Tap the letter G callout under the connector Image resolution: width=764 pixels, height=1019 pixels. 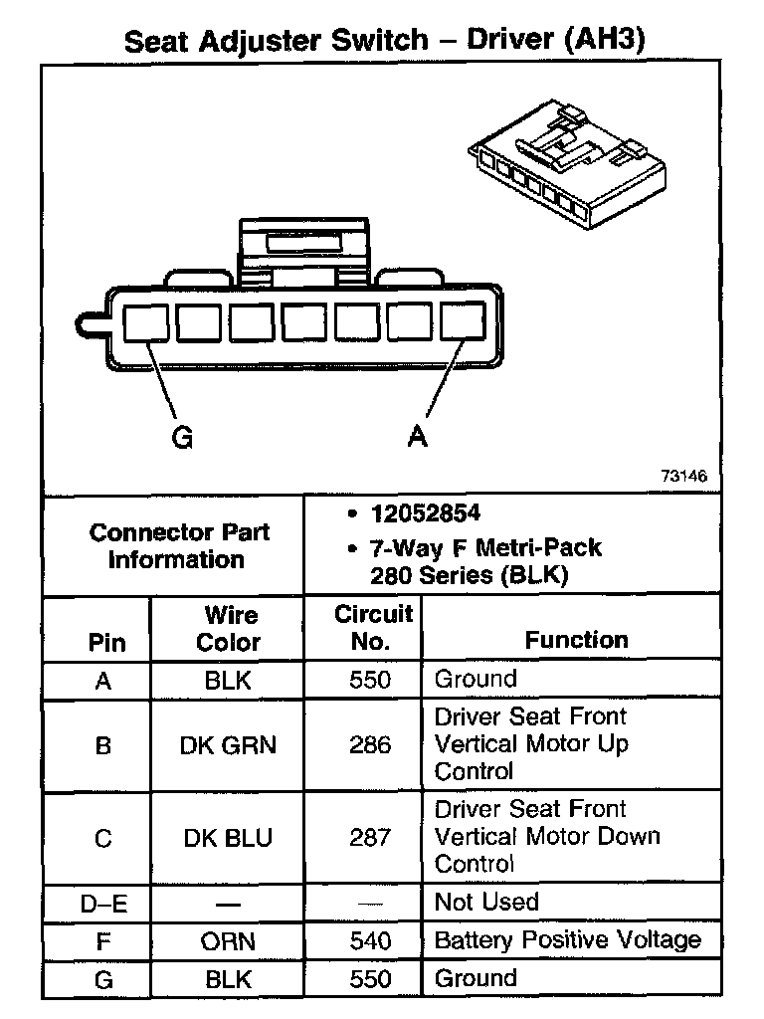click(x=183, y=437)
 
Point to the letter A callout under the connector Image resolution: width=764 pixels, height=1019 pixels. click(x=418, y=437)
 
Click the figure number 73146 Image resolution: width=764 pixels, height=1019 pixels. click(x=683, y=477)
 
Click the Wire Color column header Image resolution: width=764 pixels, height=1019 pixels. click(x=229, y=628)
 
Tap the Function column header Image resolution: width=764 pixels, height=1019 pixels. click(x=576, y=640)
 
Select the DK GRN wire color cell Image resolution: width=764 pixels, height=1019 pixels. click(x=228, y=744)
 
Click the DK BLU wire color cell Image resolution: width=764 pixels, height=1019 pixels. click(x=228, y=838)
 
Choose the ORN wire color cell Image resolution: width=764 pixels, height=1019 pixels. click(x=228, y=940)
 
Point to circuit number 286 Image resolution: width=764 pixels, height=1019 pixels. click(x=370, y=744)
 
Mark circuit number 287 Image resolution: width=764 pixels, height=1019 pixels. click(x=370, y=838)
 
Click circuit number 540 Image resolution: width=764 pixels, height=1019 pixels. click(x=370, y=940)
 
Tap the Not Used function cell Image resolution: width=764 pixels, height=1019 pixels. click(x=486, y=903)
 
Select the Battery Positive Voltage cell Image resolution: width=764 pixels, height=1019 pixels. click(x=568, y=940)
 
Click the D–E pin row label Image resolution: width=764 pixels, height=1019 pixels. click(x=103, y=904)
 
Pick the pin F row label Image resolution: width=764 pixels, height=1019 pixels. click(x=103, y=940)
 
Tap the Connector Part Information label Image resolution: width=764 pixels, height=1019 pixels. click(x=179, y=545)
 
